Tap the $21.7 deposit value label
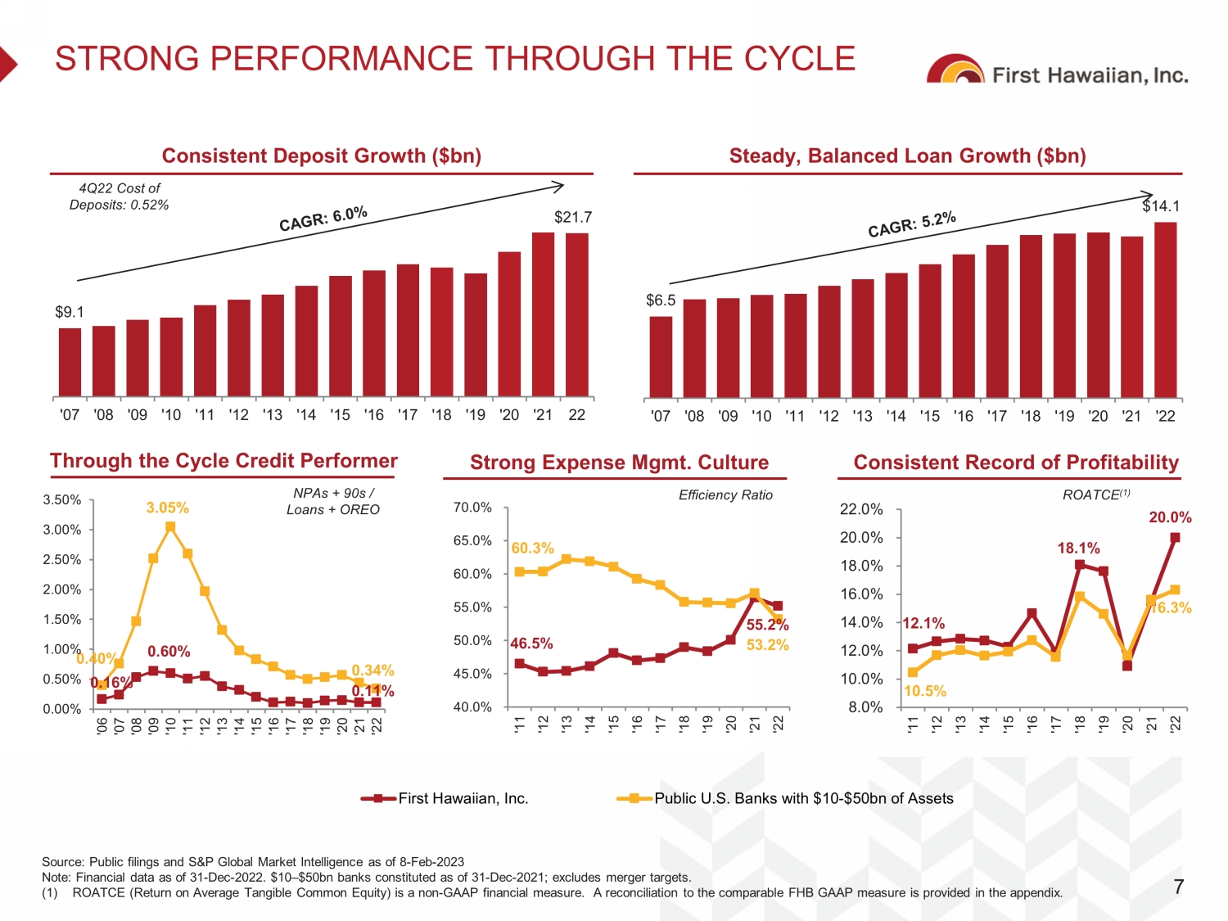pos(573,217)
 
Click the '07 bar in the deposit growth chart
pos(70,362)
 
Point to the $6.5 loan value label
pos(661,300)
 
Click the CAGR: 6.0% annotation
pos(323,219)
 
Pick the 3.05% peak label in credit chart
pos(167,508)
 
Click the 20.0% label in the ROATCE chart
pos(1170,517)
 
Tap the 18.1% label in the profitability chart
pos(1078,548)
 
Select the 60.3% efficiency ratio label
pos(532,548)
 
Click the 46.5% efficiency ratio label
pos(531,643)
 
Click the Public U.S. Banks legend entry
pos(803,798)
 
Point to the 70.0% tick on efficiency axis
pos(472,508)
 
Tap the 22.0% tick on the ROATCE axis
pos(861,509)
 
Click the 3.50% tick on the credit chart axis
pos(62,499)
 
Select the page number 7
pos(1178,887)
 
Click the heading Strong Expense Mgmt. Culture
pos(619,463)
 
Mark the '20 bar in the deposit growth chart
pos(509,324)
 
